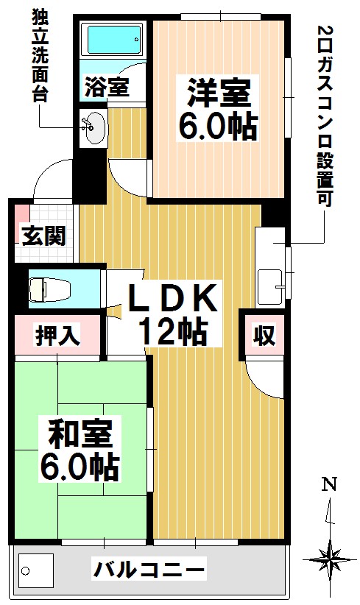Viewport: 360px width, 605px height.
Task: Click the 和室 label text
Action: coord(81,433)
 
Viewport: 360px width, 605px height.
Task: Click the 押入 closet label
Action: coord(57,337)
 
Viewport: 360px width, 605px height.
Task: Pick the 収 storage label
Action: coord(264,336)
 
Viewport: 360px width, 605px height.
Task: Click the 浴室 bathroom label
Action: coord(107,87)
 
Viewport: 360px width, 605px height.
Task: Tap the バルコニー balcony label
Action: coord(149,569)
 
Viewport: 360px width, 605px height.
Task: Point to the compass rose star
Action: coord(330,558)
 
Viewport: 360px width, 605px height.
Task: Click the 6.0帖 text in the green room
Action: coord(81,465)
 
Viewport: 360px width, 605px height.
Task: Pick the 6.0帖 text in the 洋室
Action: coord(219,127)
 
